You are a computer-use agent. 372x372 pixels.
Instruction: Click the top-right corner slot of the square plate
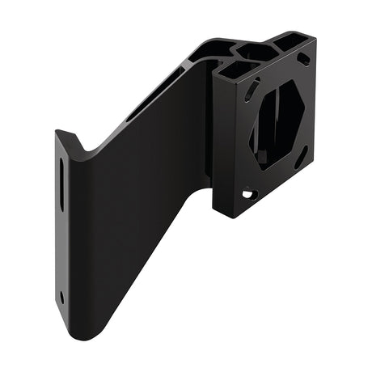(x=303, y=59)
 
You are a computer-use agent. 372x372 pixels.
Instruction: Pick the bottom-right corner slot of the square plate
(x=301, y=157)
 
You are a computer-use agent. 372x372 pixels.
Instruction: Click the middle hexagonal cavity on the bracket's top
(x=257, y=53)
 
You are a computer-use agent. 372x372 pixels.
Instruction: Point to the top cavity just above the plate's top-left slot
(x=234, y=71)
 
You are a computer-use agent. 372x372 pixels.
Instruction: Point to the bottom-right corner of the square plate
(x=311, y=165)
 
